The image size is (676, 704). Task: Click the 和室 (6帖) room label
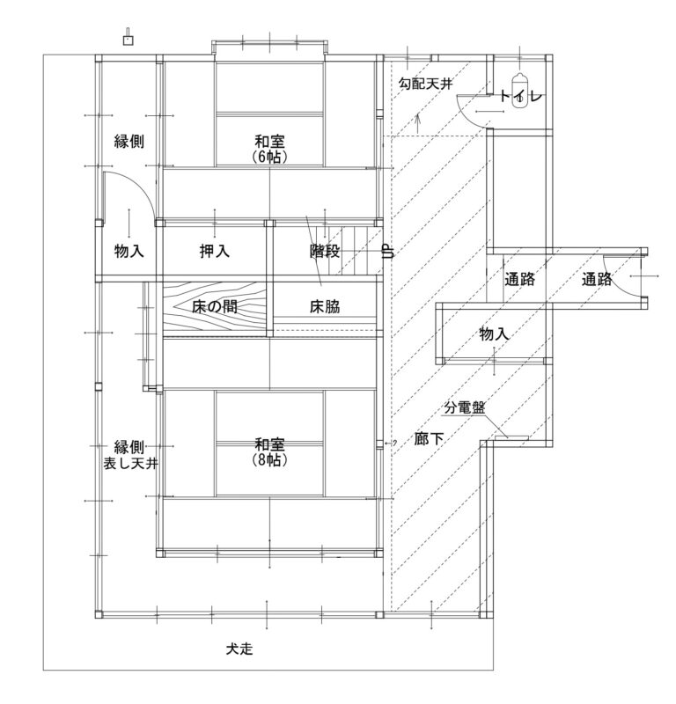(x=269, y=149)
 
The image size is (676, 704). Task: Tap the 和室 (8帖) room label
(x=269, y=452)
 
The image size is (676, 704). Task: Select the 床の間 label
(x=214, y=306)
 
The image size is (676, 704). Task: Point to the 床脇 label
(x=324, y=306)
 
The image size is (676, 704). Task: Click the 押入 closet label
(x=214, y=251)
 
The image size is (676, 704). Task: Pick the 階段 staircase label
(x=324, y=251)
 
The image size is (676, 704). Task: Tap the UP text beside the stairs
(x=388, y=251)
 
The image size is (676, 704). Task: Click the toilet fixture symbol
(x=520, y=88)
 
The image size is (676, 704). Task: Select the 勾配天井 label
(x=425, y=84)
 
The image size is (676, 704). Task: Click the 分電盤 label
(x=465, y=407)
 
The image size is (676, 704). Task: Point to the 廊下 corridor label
(x=429, y=438)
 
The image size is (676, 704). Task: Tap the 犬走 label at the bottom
(x=239, y=649)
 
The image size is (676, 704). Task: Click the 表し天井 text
(x=130, y=463)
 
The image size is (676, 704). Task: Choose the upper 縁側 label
(x=129, y=141)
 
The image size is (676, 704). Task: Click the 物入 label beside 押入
(x=129, y=251)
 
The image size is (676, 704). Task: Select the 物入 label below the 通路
(x=494, y=334)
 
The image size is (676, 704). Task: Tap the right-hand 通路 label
(x=597, y=279)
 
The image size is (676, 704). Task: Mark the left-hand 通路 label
(x=519, y=279)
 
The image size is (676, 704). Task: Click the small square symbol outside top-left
(x=128, y=38)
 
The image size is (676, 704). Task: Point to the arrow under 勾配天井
(x=418, y=123)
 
